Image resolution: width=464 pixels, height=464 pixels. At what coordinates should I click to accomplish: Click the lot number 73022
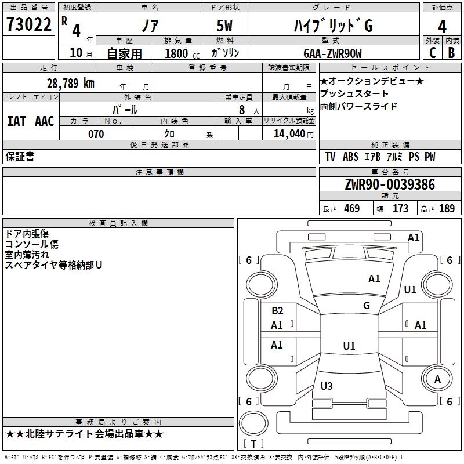28,24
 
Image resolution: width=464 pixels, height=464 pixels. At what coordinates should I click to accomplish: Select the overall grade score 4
442,27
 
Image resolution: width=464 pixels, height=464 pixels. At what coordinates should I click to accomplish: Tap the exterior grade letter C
433,53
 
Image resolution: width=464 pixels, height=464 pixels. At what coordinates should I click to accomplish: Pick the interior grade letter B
451,53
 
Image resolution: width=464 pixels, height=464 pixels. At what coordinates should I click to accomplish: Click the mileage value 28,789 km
70,84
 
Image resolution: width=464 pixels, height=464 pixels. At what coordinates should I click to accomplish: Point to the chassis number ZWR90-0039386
390,184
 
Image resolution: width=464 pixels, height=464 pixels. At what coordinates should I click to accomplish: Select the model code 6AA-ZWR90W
332,53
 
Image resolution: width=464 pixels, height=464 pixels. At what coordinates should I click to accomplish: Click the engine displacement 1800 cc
182,53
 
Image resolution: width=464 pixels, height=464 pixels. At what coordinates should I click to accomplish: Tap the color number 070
96,134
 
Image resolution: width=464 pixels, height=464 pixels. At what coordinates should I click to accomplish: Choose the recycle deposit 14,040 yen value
293,134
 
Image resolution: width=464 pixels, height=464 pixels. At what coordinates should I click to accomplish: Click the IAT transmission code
17,121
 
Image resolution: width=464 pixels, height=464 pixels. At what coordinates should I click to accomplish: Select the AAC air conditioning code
45,121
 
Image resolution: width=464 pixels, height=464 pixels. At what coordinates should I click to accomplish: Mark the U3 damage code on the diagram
327,386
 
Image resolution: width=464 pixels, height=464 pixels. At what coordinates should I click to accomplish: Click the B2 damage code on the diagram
277,310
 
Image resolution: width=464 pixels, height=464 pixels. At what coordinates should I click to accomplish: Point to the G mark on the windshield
367,305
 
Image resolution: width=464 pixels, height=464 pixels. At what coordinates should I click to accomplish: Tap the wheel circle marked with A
437,379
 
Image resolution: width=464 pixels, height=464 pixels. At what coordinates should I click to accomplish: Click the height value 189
447,208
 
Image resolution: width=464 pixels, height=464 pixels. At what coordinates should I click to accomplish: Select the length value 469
352,208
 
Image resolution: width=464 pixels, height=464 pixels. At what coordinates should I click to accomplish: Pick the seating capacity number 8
242,110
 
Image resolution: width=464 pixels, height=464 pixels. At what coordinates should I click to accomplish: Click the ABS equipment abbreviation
350,156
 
